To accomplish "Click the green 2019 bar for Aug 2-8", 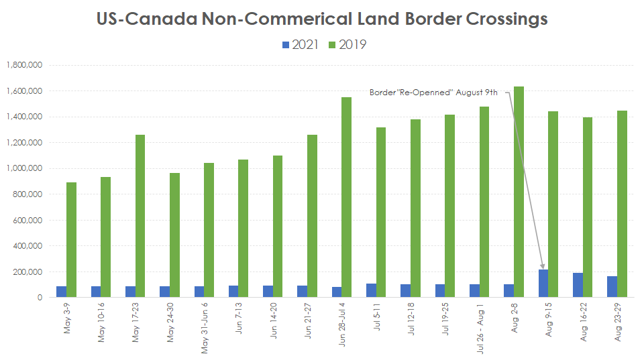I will [x=519, y=192].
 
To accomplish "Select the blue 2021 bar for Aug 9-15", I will [x=543, y=284].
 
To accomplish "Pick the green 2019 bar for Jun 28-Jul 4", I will [x=347, y=197].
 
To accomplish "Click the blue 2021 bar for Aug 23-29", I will [x=612, y=286].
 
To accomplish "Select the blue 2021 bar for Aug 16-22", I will [x=578, y=285].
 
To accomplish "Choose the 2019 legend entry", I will [x=347, y=45].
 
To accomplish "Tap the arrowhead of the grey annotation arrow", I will [x=543, y=267].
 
